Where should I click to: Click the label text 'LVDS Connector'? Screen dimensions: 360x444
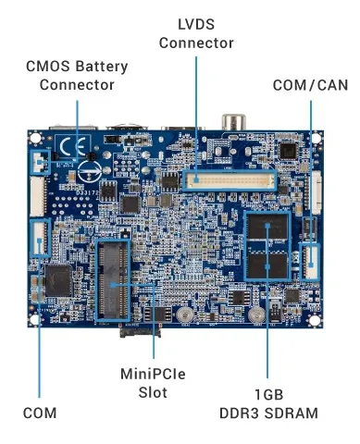coord(196,33)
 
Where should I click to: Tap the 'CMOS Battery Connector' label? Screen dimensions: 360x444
coord(77,76)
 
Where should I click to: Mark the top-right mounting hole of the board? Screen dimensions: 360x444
coord(317,141)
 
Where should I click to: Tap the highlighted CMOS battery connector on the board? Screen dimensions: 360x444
coord(40,163)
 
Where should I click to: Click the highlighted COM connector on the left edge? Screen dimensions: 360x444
coord(40,238)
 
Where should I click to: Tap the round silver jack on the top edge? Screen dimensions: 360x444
coord(230,121)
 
